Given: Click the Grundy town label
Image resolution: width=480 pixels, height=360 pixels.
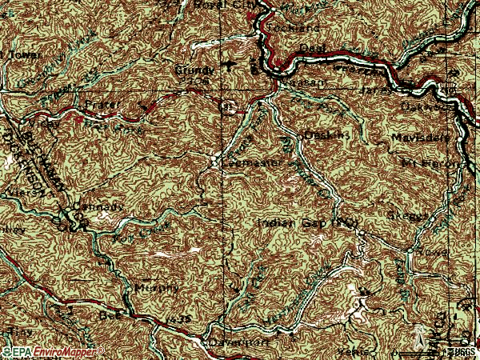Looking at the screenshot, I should tap(190, 70).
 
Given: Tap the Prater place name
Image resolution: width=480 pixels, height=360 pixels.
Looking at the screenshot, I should tap(98, 104).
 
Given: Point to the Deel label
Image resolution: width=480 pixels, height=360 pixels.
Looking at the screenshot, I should tap(309, 48).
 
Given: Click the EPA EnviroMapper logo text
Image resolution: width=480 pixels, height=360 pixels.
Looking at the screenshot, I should tap(54, 350).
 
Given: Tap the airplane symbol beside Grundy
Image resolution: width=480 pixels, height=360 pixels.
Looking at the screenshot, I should tap(231, 66).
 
